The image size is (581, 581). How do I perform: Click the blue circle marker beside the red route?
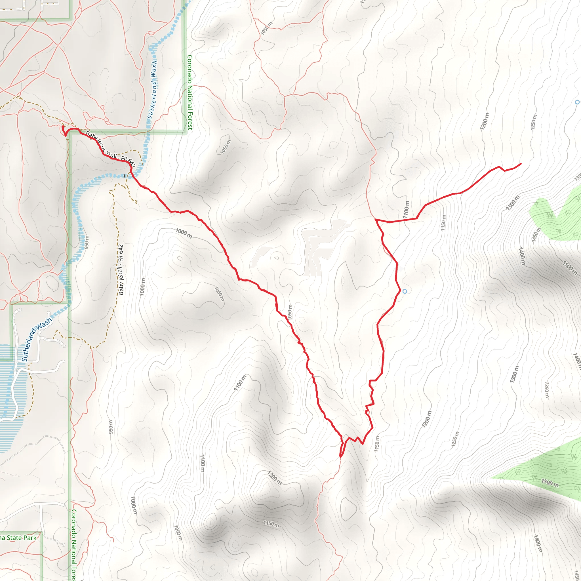point(405,291)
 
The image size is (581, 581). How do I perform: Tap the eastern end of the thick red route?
point(521,164)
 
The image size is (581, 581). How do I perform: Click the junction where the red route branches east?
point(376,220)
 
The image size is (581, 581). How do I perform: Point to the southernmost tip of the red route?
point(340,457)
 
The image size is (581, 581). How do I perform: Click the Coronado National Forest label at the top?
point(190,92)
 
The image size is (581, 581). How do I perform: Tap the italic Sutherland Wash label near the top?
point(152,89)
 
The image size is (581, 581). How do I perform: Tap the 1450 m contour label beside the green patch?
point(536,235)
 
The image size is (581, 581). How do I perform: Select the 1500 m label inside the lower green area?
point(550,483)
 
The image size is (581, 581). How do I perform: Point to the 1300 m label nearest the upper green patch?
point(513,203)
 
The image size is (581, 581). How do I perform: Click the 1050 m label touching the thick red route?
point(289,312)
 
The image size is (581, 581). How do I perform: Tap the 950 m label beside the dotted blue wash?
point(87,242)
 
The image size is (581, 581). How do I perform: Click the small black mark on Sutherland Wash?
point(125,176)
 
